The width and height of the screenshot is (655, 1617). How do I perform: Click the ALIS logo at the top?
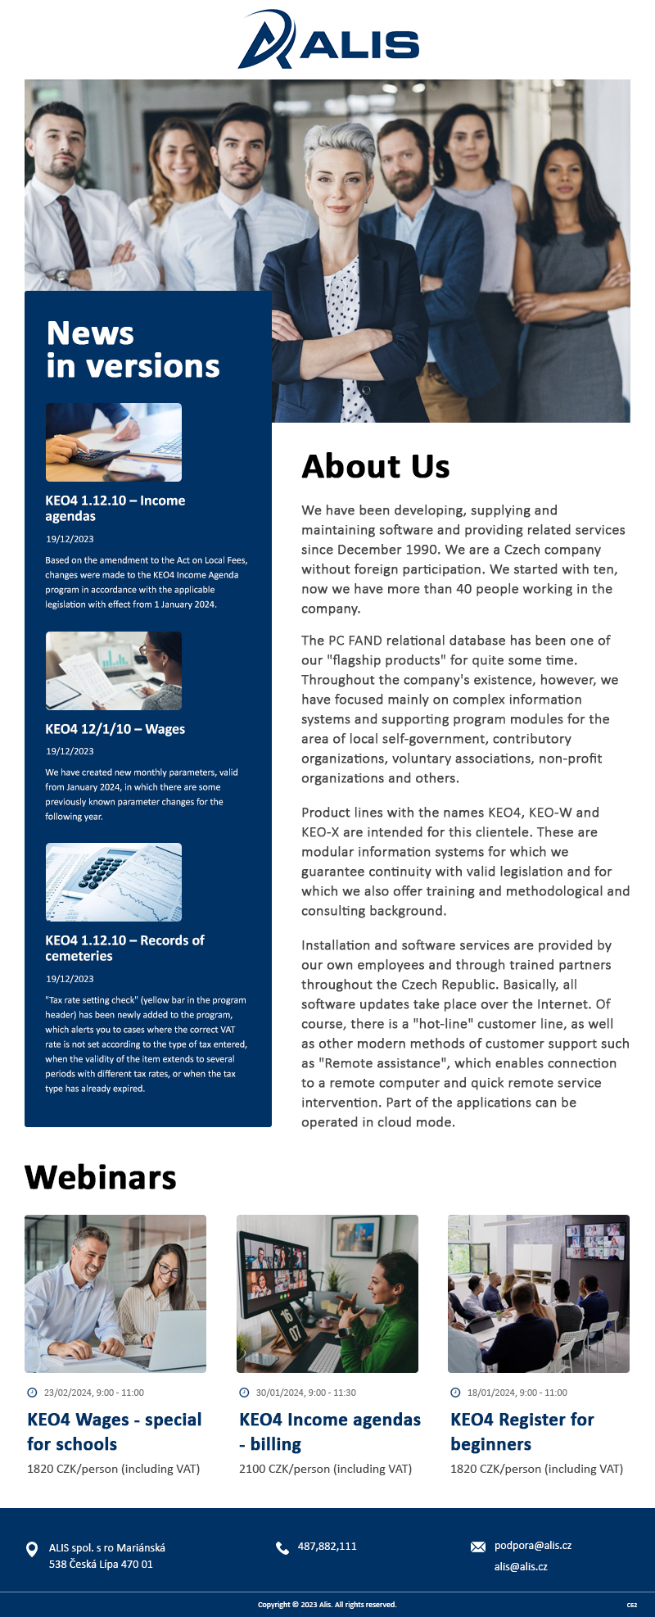click(x=327, y=40)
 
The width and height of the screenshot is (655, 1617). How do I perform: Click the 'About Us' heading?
click(x=376, y=466)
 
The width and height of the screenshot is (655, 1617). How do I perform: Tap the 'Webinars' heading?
click(x=101, y=1177)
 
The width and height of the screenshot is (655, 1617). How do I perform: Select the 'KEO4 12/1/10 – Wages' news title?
click(x=115, y=729)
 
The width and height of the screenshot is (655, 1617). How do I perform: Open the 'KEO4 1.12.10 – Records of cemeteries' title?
click(x=124, y=948)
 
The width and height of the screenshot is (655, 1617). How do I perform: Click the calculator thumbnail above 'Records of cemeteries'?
click(x=114, y=882)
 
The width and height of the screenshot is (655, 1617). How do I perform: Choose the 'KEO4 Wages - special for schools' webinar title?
click(x=114, y=1431)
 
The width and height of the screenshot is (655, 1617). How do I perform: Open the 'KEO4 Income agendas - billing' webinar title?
click(x=329, y=1431)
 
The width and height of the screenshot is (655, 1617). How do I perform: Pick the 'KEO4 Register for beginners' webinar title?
click(x=522, y=1431)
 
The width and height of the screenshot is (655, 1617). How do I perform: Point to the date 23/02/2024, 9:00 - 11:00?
click(x=93, y=1393)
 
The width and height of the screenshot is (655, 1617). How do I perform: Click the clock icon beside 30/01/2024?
click(x=244, y=1393)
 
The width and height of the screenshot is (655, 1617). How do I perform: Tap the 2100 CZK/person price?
click(x=325, y=1469)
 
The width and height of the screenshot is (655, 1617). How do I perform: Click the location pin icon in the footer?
click(x=32, y=1549)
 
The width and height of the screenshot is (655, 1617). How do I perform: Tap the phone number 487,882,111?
click(x=327, y=1547)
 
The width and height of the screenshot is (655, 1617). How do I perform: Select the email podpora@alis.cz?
click(x=533, y=1546)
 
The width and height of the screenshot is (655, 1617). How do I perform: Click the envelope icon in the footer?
click(x=478, y=1547)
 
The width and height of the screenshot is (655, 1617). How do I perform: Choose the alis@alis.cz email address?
click(x=521, y=1566)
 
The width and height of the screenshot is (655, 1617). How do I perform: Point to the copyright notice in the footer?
click(x=327, y=1605)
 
